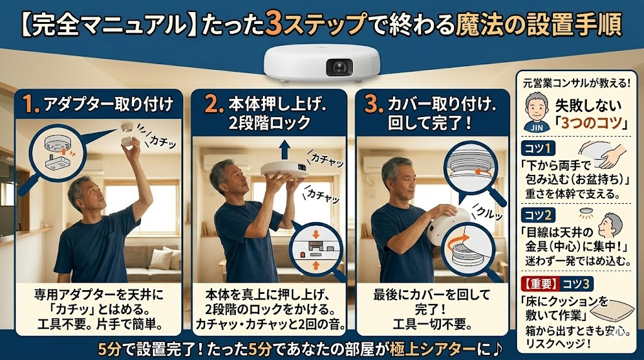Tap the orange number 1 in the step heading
click(x=29, y=104)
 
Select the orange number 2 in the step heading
click(x=213, y=104)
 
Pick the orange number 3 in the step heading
click(x=372, y=104)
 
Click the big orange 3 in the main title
click(x=273, y=25)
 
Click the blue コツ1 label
click(x=538, y=148)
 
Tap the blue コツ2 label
click(x=538, y=215)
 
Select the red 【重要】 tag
click(x=540, y=284)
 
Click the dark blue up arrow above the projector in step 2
click(x=284, y=150)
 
